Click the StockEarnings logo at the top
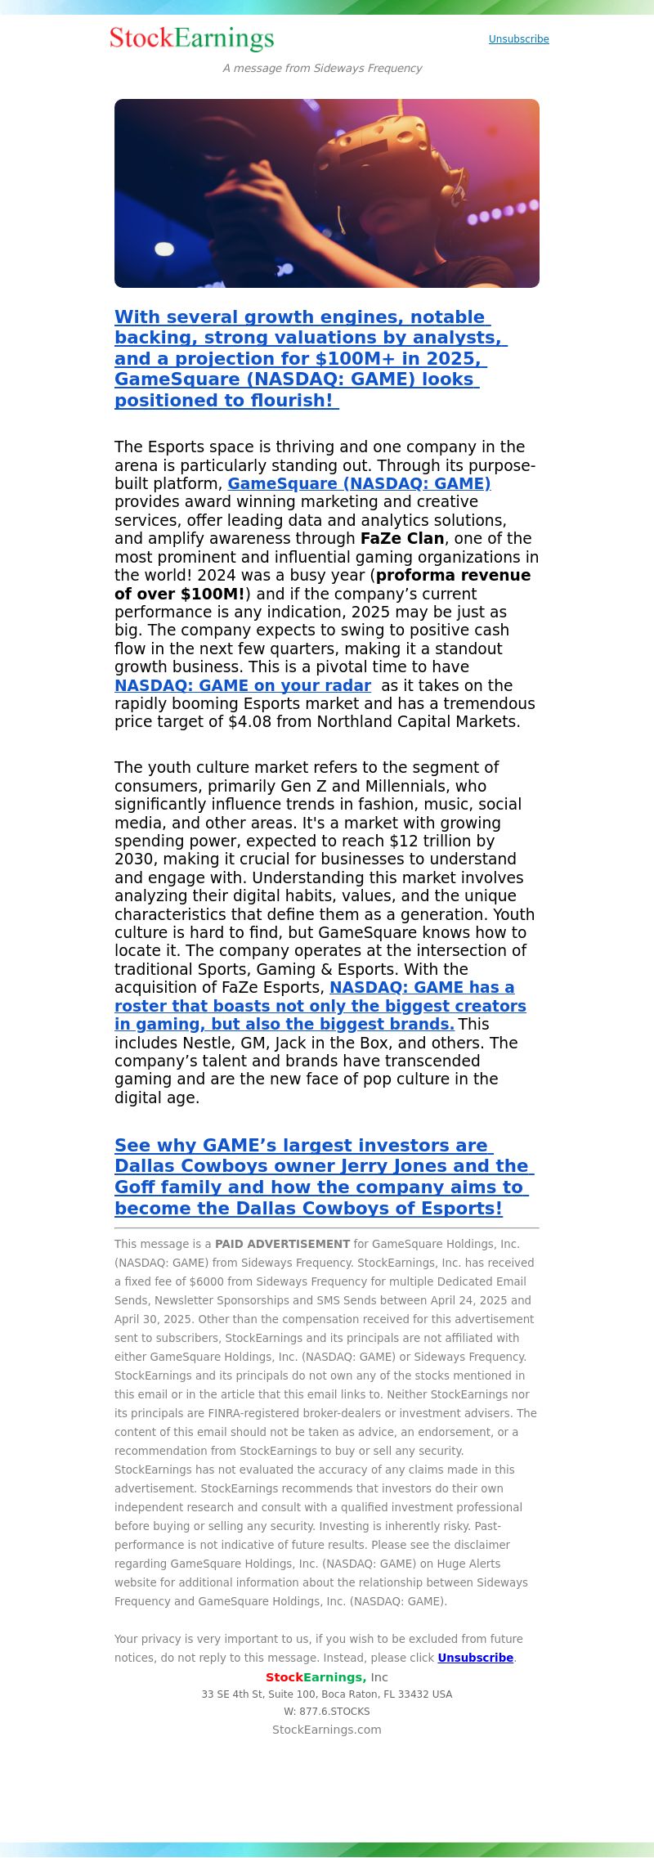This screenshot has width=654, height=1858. [x=191, y=38]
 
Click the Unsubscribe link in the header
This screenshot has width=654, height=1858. [x=518, y=39]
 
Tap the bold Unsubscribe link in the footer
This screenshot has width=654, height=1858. [x=475, y=1658]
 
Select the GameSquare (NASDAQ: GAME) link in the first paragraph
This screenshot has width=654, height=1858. [x=359, y=483]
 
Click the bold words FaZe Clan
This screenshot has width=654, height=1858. [x=402, y=538]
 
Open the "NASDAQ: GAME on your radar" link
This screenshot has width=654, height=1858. [x=242, y=685]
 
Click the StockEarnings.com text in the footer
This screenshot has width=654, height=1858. [x=326, y=1730]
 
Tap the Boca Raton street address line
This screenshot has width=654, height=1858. [x=326, y=1694]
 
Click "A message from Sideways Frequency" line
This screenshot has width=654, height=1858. [x=322, y=69]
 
